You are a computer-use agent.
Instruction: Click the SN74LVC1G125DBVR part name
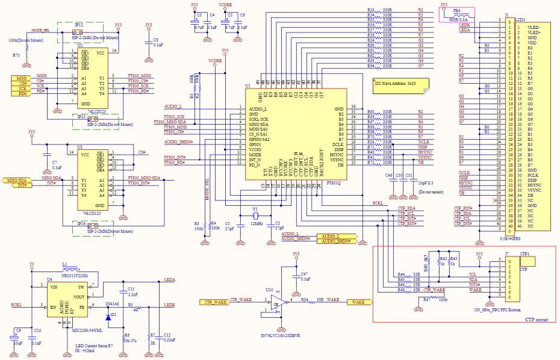click(281, 336)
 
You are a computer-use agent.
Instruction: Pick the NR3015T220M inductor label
click(75, 275)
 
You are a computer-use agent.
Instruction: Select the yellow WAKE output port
click(358, 300)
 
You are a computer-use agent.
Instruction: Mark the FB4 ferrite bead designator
click(457, 11)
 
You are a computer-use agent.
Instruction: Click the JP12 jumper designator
click(79, 25)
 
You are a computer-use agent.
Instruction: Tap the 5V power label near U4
click(31, 264)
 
